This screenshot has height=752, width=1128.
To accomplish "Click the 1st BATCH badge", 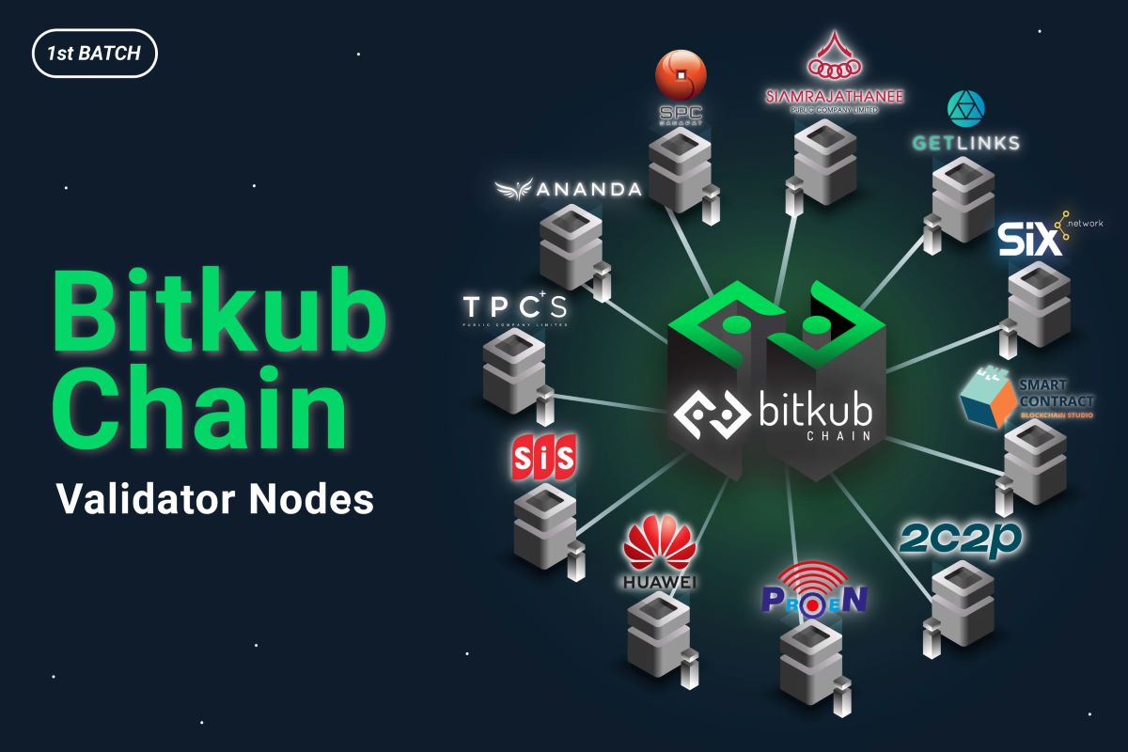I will click(x=95, y=54).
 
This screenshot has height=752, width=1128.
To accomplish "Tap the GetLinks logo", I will click(x=964, y=122).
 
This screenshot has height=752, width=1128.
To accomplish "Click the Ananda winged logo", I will click(x=568, y=189).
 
